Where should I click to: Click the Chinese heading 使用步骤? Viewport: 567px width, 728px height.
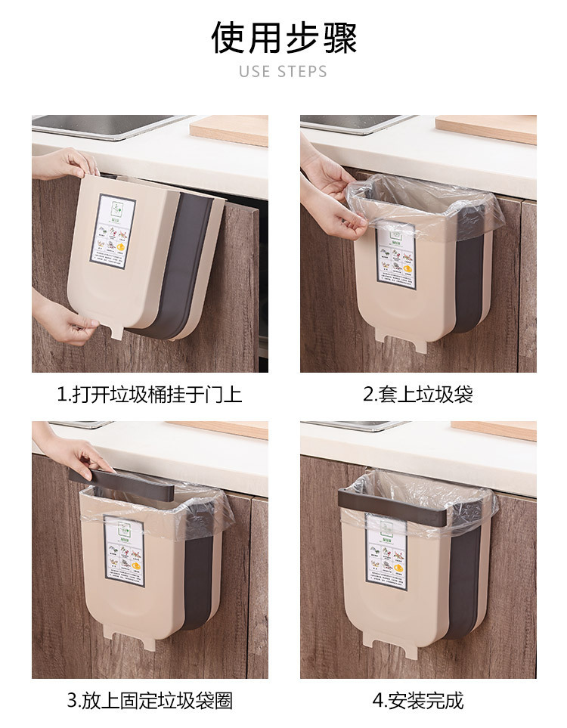point(283,38)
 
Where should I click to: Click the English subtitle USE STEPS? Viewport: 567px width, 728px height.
point(283,72)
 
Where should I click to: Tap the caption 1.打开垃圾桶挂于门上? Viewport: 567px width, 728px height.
point(150,395)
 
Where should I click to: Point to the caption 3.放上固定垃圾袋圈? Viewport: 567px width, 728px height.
point(150,700)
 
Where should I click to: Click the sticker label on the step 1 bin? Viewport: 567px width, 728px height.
point(113,231)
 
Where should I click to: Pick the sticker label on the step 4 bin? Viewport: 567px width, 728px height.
point(386,548)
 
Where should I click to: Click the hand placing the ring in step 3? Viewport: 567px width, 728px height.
point(76,456)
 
